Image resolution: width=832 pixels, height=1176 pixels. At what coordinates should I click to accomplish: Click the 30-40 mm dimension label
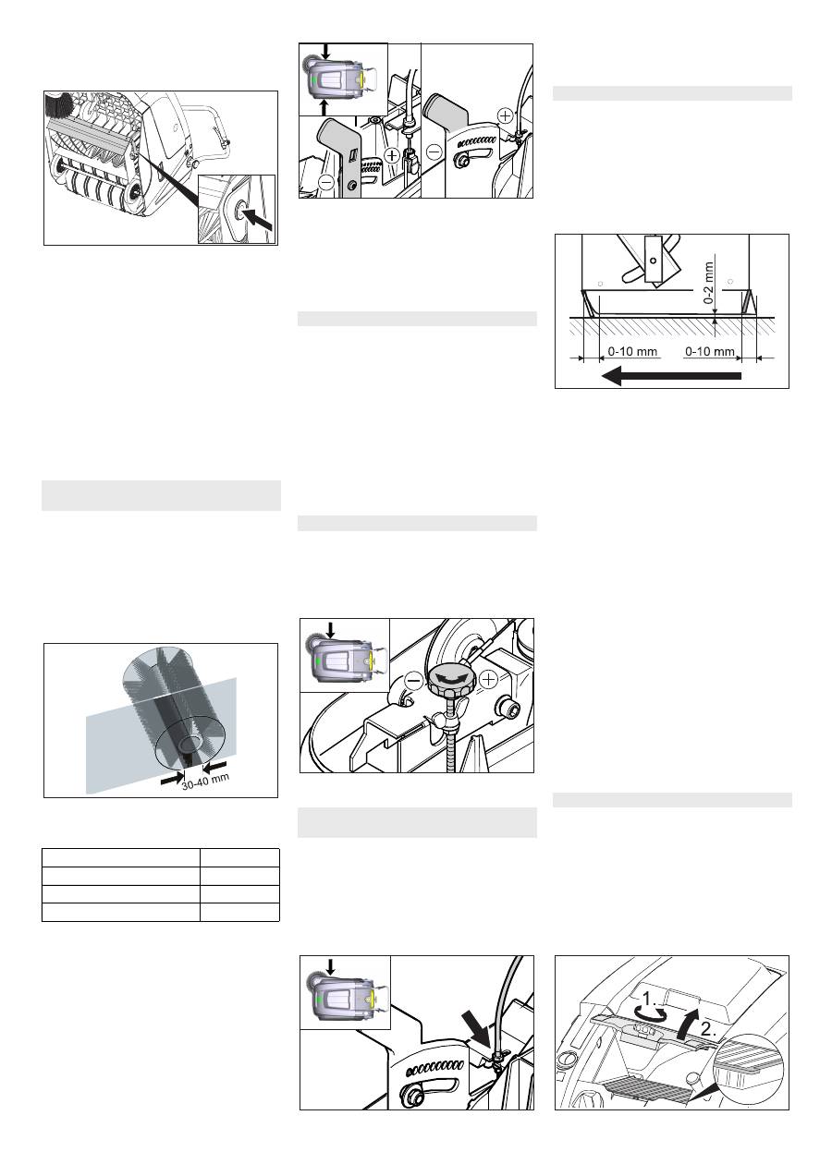(x=205, y=782)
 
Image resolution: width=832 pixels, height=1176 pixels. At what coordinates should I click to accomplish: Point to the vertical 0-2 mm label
(x=709, y=283)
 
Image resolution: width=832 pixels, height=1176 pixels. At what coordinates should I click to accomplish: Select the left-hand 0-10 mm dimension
(x=632, y=351)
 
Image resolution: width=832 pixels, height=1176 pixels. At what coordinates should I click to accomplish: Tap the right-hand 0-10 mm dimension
(x=710, y=351)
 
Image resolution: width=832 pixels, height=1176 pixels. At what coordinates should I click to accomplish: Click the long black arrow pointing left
(x=671, y=375)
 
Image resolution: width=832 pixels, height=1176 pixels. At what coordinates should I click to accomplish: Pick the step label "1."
(x=650, y=998)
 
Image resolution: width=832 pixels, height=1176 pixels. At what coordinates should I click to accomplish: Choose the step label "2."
(x=708, y=1029)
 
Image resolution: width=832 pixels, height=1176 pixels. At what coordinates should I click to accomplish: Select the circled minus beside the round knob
(x=414, y=681)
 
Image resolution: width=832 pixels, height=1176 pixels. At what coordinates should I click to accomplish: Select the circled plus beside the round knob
(x=488, y=680)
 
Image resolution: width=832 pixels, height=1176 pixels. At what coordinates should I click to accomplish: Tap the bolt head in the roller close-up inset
(x=239, y=210)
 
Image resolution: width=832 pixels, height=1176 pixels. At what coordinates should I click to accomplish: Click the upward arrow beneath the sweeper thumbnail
(x=324, y=108)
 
